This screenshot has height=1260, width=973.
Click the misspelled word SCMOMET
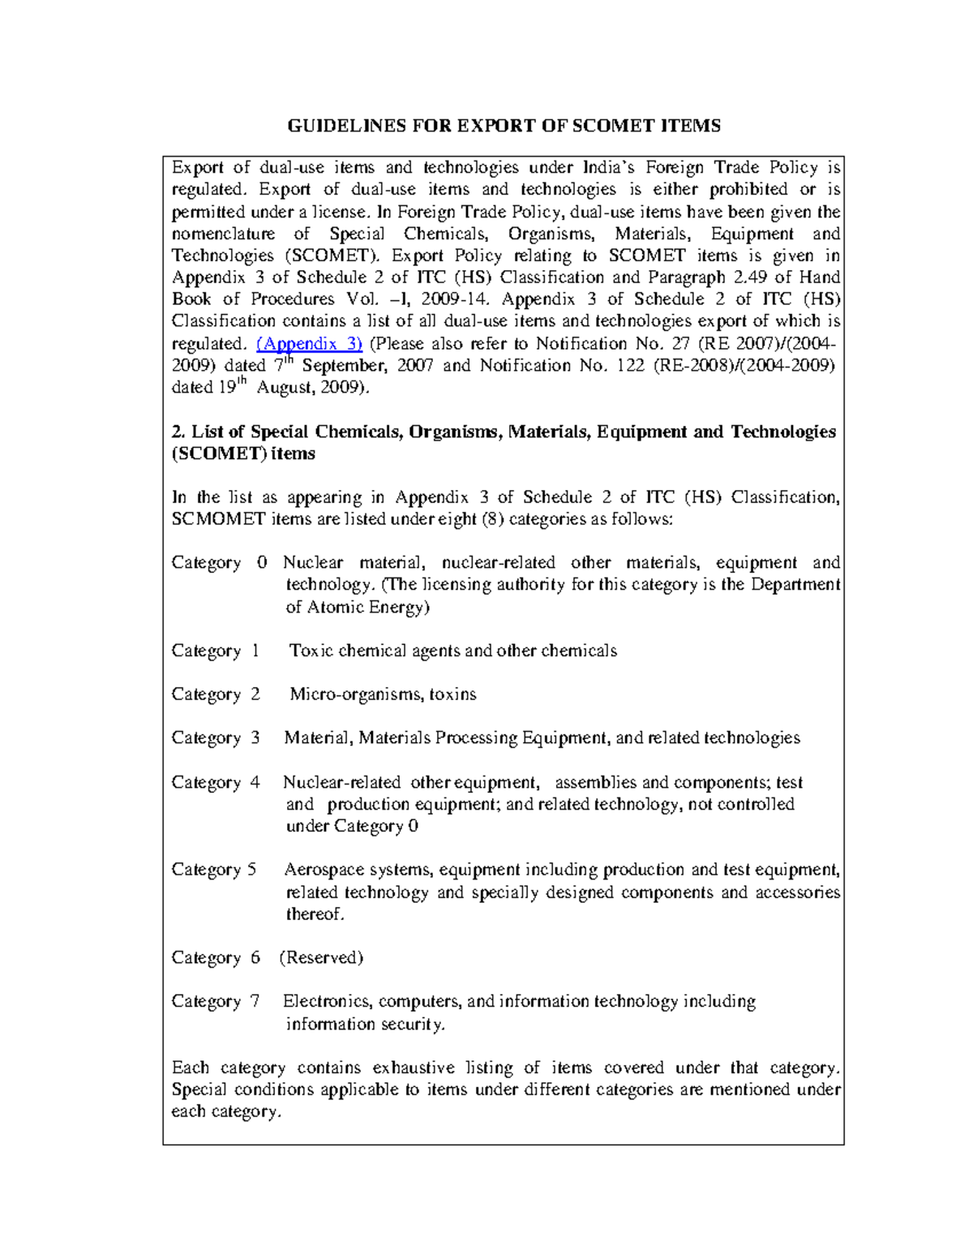[218, 519]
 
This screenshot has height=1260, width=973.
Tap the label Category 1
[216, 651]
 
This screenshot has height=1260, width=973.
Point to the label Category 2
[216, 695]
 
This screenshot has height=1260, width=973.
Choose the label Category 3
[216, 738]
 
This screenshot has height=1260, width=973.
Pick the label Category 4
[216, 783]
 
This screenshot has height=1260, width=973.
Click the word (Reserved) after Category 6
[321, 958]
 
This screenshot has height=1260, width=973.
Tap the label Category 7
[216, 1002]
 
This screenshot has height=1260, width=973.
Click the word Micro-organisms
[355, 695]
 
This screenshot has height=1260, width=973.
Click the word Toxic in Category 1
[311, 651]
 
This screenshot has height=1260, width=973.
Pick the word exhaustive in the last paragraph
[413, 1068]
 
